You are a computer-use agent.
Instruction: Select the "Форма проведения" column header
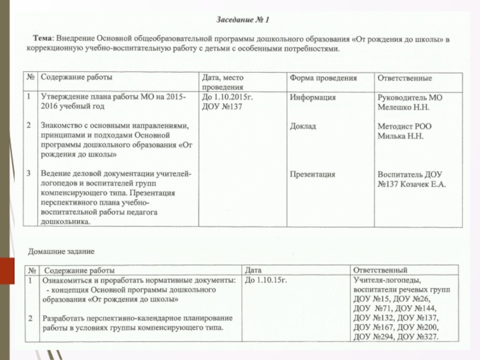tap(323, 79)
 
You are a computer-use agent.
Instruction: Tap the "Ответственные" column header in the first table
tap(404, 79)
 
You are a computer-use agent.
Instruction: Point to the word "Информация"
tap(313, 97)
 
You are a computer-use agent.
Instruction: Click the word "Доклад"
tap(303, 127)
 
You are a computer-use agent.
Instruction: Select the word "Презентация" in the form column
tap(313, 174)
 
